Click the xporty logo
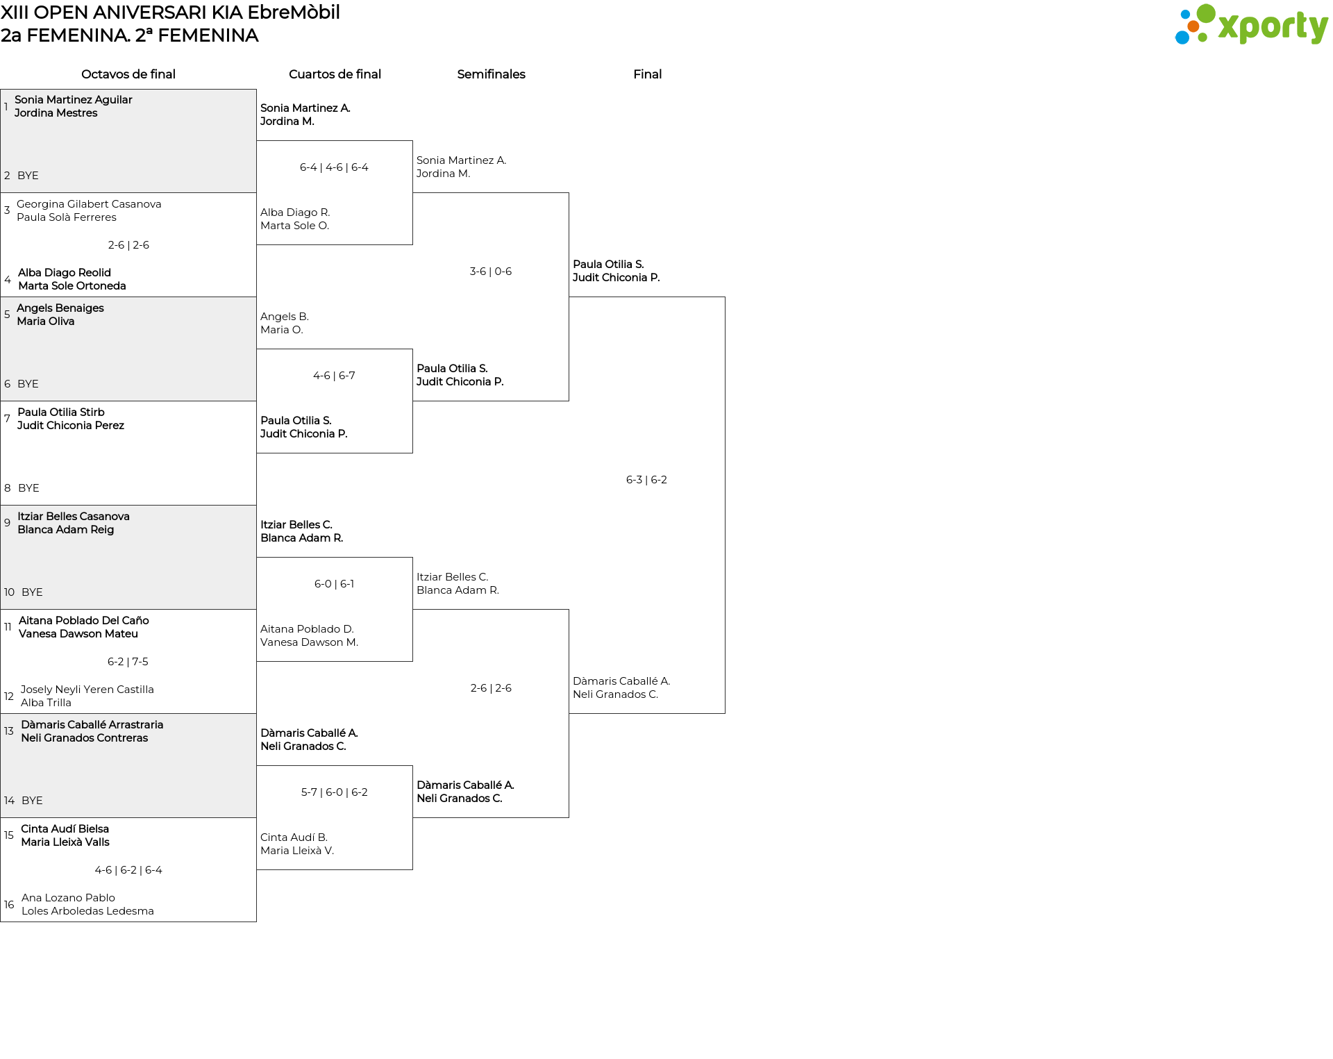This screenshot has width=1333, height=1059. pyautogui.click(x=1251, y=25)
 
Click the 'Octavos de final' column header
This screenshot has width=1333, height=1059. pyautogui.click(x=128, y=74)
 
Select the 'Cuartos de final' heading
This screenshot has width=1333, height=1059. pyautogui.click(x=335, y=74)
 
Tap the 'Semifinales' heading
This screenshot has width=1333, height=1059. pyautogui.click(x=491, y=74)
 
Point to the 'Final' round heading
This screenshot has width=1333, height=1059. pyautogui.click(x=647, y=74)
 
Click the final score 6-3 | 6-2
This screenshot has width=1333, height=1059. pyautogui.click(x=646, y=480)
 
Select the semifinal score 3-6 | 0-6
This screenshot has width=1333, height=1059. pyautogui.click(x=491, y=272)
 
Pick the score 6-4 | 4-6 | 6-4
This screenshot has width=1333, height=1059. pyautogui.click(x=334, y=167)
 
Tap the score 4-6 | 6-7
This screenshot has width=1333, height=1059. pyautogui.click(x=334, y=376)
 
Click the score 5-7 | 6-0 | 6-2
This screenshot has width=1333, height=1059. pyautogui.click(x=334, y=792)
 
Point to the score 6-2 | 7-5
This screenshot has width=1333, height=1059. pyautogui.click(x=128, y=662)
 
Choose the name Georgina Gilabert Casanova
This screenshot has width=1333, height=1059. pyautogui.click(x=89, y=204)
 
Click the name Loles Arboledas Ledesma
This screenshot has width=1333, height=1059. pyautogui.click(x=87, y=911)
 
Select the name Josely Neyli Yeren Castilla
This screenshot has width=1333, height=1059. pyautogui.click(x=87, y=690)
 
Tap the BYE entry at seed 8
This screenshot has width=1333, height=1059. pyautogui.click(x=28, y=488)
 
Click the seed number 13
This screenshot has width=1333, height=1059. pyautogui.click(x=9, y=731)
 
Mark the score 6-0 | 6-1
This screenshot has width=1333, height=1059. pyautogui.click(x=334, y=584)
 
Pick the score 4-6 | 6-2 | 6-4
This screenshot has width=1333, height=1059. pyautogui.click(x=128, y=870)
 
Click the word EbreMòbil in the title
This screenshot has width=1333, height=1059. pyautogui.click(x=294, y=12)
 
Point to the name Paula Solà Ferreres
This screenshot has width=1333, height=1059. pyautogui.click(x=67, y=217)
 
